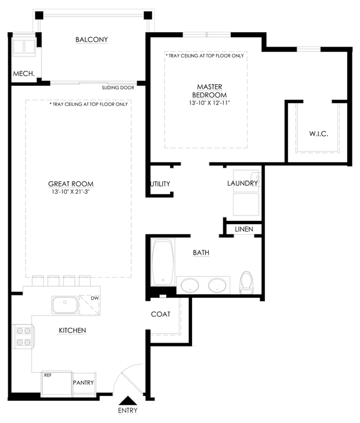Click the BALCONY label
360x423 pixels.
(91, 40)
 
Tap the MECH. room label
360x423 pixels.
(24, 74)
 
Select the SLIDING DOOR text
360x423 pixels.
(118, 87)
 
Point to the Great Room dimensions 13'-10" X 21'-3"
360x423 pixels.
(71, 192)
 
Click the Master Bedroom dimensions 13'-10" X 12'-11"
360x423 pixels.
(209, 103)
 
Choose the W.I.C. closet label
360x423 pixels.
(318, 134)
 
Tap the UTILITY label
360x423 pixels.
(160, 184)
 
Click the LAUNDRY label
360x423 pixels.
(243, 183)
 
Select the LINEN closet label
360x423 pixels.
(244, 229)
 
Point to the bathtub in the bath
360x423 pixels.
(163, 261)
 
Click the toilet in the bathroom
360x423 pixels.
(246, 282)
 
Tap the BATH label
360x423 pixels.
(201, 253)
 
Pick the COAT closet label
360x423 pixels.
(161, 314)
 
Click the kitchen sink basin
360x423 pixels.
(65, 305)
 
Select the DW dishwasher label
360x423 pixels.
(95, 298)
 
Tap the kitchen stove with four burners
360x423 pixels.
(23, 337)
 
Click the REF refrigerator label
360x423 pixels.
(48, 375)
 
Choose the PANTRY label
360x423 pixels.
(84, 383)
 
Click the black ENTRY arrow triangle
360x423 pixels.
(128, 401)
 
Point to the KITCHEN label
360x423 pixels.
(73, 331)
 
